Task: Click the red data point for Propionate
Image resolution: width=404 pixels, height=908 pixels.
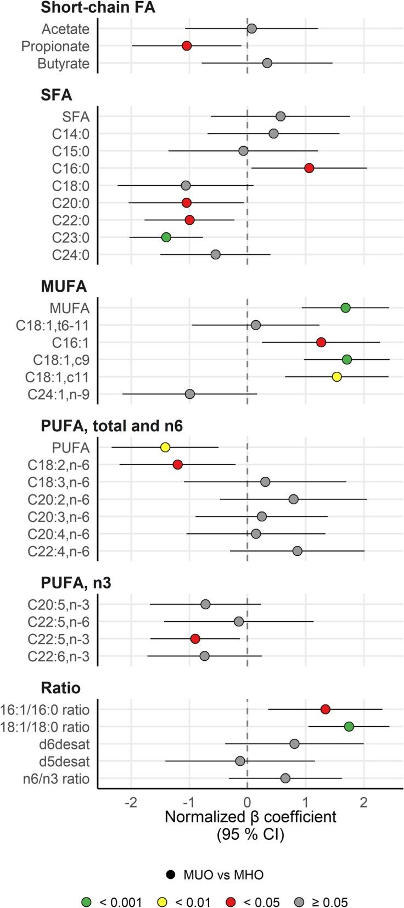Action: click(187, 46)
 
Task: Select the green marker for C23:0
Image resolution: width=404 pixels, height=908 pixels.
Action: click(166, 237)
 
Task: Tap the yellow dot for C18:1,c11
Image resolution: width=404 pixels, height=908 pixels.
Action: click(337, 377)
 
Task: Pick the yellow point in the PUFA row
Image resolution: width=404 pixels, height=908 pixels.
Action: click(165, 447)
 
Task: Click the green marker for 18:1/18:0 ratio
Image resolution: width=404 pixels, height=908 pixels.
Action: click(349, 727)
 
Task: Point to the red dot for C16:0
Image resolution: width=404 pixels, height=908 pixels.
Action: click(309, 168)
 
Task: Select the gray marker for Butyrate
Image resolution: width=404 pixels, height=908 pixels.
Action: click(267, 63)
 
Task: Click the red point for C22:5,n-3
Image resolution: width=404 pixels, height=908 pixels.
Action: click(195, 639)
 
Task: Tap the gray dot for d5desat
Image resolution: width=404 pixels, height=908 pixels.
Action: click(240, 761)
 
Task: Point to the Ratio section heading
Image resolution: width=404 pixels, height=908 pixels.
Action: click(60, 688)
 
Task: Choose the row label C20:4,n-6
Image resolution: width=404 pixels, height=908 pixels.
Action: click(58, 534)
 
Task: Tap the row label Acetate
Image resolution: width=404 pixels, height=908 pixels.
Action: click(65, 29)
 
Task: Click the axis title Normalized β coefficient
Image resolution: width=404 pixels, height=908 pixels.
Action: click(250, 817)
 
